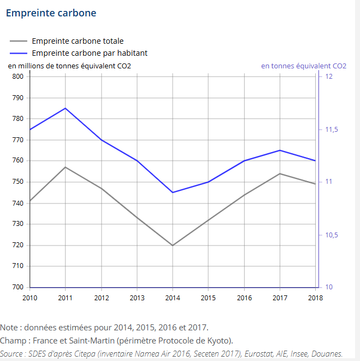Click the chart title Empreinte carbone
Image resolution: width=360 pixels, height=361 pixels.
tap(51, 13)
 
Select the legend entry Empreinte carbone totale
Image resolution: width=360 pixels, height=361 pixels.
tap(78, 41)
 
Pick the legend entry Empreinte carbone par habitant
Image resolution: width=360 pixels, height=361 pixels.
tap(90, 53)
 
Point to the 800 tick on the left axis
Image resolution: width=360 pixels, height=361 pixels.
tap(17, 77)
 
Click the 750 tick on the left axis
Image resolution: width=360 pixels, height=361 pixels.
tap(17, 182)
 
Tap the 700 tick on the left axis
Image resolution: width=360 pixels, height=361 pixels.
tap(17, 287)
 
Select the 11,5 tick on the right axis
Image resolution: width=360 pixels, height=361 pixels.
tap(331, 130)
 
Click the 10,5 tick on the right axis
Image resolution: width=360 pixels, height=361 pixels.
tap(331, 235)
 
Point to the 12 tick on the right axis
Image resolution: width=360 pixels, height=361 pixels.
tap(329, 77)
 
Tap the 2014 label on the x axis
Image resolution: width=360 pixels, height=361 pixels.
tap(173, 298)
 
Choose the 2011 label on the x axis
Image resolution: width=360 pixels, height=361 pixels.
tap(65, 298)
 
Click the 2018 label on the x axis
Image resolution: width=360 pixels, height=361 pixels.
tap(315, 298)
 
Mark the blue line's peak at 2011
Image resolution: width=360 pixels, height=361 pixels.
tap(65, 108)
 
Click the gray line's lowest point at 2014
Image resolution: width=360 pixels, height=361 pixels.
tap(173, 245)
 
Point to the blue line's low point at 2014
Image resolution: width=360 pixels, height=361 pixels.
tap(173, 193)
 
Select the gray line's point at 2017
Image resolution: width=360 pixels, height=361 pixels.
tap(280, 173)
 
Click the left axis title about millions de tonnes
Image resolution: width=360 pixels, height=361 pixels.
tap(69, 66)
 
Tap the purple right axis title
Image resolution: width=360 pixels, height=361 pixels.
tap(303, 66)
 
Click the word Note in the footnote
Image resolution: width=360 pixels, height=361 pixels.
tap(9, 328)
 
